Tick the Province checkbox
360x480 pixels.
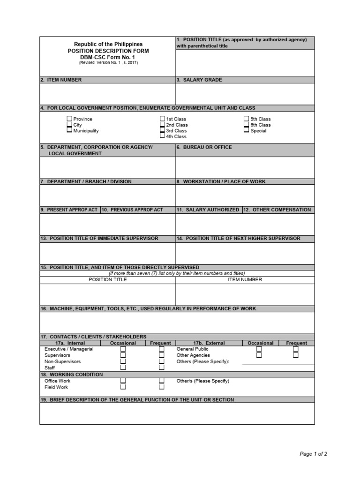(x=69, y=119)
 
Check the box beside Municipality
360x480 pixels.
(x=69, y=131)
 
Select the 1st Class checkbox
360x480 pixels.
(x=162, y=119)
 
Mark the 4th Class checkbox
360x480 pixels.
(x=162, y=136)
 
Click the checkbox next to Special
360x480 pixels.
(x=246, y=131)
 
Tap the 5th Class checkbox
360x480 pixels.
(x=246, y=119)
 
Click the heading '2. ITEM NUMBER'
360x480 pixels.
(x=61, y=80)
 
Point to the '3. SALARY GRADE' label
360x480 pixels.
(x=199, y=80)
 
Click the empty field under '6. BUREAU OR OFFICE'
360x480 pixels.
(x=245, y=167)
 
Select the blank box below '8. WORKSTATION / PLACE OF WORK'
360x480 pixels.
(x=245, y=195)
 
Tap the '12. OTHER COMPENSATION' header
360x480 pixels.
(x=278, y=210)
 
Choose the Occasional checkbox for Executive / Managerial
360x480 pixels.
(x=123, y=349)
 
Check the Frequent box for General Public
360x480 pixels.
(x=296, y=349)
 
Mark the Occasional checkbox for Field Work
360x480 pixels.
(x=123, y=387)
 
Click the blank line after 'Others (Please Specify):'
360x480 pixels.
(x=278, y=362)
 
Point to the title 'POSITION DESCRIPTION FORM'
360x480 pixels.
(x=108, y=51)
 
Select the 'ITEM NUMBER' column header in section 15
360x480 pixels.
(x=245, y=280)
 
